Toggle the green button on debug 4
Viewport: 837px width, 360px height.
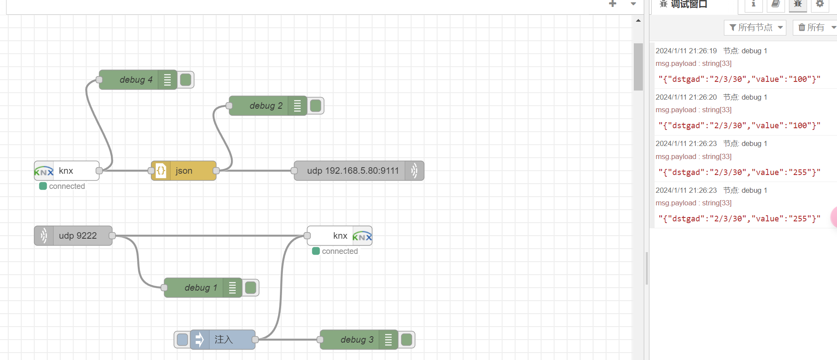point(186,80)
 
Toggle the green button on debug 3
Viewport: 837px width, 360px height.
point(407,340)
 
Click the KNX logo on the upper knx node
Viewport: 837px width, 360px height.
point(44,171)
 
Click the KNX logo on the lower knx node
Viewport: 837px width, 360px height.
point(362,236)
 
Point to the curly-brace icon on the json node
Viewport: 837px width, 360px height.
point(161,171)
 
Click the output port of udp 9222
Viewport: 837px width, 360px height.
point(112,236)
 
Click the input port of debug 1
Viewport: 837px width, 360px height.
point(164,288)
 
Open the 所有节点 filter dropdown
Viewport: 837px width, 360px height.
point(755,28)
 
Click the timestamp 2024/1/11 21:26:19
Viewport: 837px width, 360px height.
point(686,51)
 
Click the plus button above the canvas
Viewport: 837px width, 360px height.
point(613,4)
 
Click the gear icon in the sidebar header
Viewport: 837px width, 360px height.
point(820,4)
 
